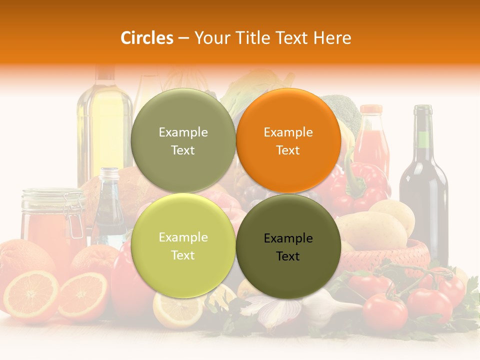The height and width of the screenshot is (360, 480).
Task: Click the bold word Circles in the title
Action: pyautogui.click(x=146, y=38)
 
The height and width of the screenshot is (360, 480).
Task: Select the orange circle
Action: pyautogui.click(x=288, y=141)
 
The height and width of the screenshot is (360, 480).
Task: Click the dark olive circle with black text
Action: pyautogui.click(x=288, y=246)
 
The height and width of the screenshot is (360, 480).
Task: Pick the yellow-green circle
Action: pyautogui.click(x=183, y=245)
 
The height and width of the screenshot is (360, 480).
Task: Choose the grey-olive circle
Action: pyautogui.click(x=183, y=141)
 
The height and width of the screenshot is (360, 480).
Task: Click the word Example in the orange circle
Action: pyautogui.click(x=288, y=132)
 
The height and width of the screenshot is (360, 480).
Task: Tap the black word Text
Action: pyautogui.click(x=288, y=256)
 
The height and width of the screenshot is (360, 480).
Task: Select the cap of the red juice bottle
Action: pyautogui.click(x=371, y=109)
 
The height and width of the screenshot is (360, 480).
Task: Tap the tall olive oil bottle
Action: pyautogui.click(x=104, y=130)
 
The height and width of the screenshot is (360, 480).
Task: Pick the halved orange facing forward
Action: pyautogui.click(x=31, y=295)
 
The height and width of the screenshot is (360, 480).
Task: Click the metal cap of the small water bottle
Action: pyautogui.click(x=109, y=174)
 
